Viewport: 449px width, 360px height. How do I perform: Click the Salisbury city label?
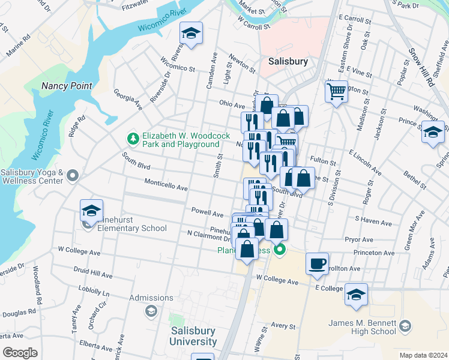288,61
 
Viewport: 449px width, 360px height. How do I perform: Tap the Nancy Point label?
67,86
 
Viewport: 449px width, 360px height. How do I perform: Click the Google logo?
20,353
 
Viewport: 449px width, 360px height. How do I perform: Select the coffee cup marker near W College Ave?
317,263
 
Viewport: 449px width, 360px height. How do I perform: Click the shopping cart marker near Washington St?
337,92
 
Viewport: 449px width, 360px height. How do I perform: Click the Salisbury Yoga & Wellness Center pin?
73,176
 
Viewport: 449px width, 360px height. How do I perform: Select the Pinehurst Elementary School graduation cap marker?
91,210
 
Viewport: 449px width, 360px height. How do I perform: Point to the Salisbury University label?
193,336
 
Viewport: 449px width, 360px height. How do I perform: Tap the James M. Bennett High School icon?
405,326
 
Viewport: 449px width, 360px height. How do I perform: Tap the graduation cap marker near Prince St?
433,132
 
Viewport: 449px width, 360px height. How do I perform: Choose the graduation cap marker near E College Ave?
356,295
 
